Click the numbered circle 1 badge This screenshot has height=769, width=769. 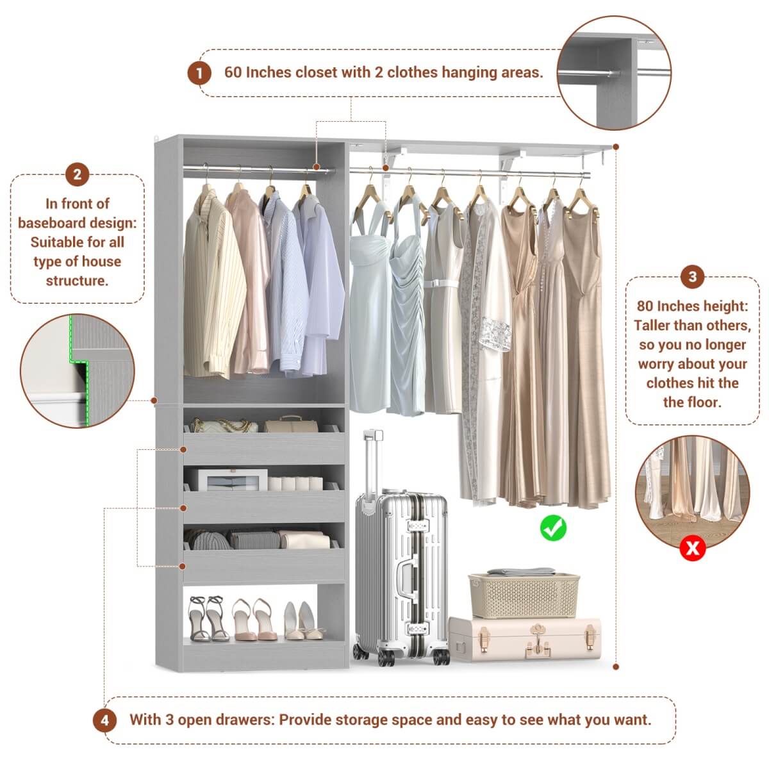199,73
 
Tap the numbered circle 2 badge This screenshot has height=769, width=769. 77,174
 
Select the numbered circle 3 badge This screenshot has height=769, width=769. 692,277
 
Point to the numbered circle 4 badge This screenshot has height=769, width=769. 104,720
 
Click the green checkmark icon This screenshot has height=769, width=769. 552,527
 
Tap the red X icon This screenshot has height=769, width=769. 692,548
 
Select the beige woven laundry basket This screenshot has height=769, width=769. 524,595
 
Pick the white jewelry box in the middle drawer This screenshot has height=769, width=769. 223,479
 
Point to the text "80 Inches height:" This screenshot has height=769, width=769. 692,306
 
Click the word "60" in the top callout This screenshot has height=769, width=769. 233,72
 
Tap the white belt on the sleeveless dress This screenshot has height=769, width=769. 442,283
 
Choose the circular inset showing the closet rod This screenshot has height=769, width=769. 613,73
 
